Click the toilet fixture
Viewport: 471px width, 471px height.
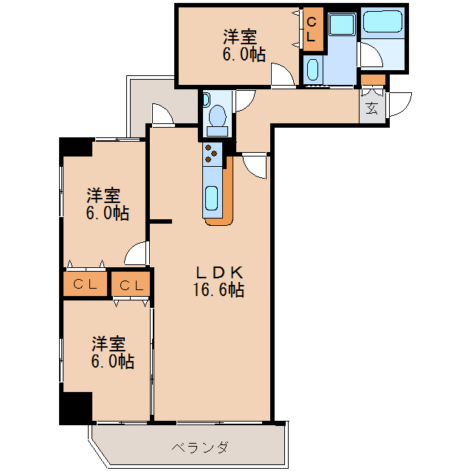coord(218,119)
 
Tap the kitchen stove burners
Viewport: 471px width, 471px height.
coord(212,153)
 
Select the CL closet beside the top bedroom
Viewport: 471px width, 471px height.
coord(312,30)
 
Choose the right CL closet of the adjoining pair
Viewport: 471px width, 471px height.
coord(131,284)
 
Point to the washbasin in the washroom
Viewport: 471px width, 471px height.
coord(312,70)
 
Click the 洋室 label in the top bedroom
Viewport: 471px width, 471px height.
coord(241,35)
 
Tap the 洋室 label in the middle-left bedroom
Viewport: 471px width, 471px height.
coord(104,196)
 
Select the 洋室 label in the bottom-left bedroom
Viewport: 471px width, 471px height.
coord(109,344)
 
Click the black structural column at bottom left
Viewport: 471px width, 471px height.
coord(75,408)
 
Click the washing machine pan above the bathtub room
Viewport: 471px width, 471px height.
coord(342,24)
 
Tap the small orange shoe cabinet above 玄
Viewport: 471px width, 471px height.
coord(374,80)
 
